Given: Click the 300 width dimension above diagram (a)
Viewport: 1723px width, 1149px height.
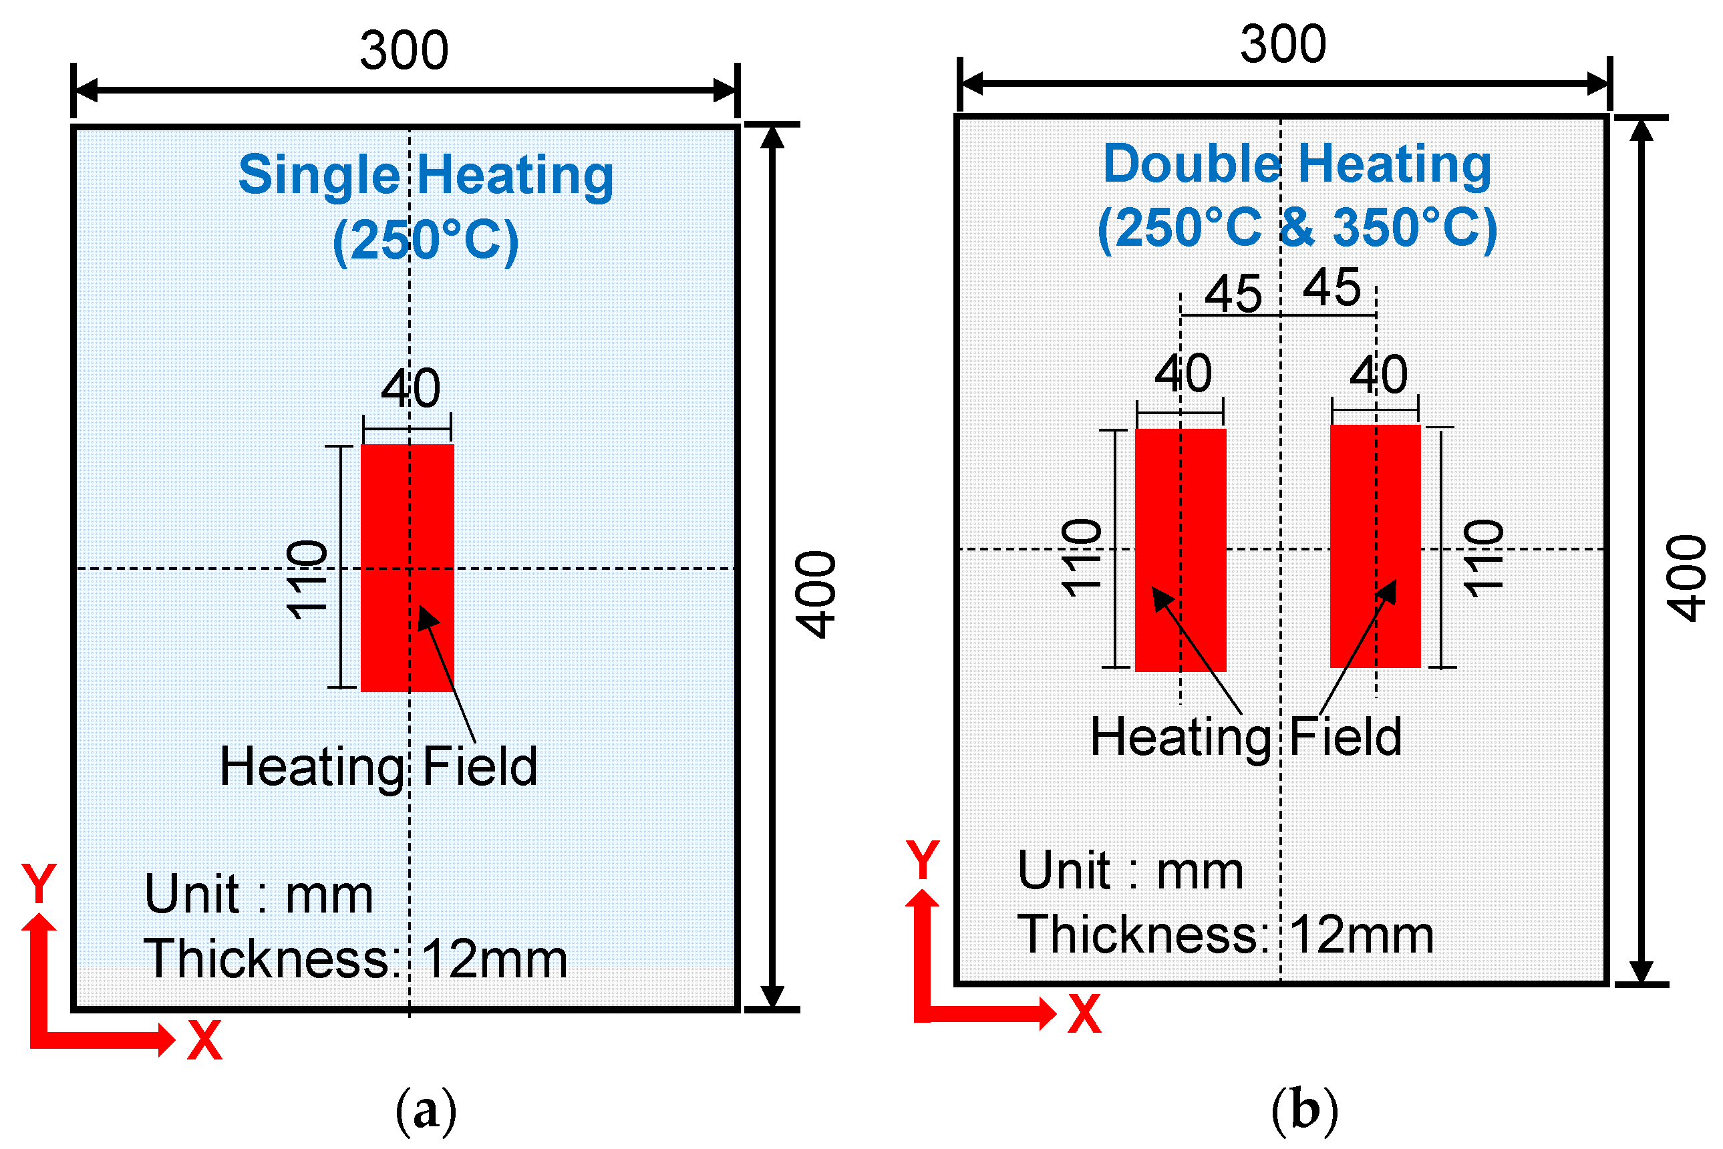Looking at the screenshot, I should click(404, 51).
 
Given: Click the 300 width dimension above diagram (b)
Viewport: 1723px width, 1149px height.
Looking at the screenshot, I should click(1283, 45).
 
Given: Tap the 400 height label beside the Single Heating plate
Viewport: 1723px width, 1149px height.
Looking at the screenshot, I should click(816, 595).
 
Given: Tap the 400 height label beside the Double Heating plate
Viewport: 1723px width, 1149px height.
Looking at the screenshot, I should click(1687, 579).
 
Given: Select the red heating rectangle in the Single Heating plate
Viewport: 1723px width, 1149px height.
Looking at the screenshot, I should click(408, 568).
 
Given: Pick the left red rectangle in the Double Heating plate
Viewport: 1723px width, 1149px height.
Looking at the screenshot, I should click(1180, 550).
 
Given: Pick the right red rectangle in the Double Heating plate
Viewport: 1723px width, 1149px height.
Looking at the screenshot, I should click(1375, 546).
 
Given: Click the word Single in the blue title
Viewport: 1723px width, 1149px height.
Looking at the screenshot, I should click(319, 176).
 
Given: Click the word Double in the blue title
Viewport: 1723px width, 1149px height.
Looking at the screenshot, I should click(1192, 164).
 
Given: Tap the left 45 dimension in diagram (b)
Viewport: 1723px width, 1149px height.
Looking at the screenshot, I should click(1233, 295).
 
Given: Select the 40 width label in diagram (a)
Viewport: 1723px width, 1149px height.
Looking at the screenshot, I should click(410, 388).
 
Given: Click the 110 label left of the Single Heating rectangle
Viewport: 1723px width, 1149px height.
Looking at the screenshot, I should click(307, 580).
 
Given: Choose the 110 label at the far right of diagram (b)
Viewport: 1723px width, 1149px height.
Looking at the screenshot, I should click(1483, 558).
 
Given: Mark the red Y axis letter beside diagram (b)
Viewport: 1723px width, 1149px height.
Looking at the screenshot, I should click(922, 860).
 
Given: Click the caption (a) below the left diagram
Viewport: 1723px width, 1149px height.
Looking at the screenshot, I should click(426, 1111).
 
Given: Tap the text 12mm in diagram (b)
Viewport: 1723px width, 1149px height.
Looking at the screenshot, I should click(1361, 936).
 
